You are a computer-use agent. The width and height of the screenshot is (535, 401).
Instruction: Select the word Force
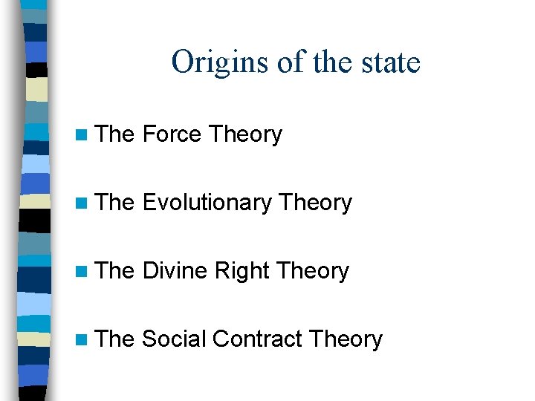(172, 134)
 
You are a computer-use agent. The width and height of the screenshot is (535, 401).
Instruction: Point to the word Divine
(175, 271)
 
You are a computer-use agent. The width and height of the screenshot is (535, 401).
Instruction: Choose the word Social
(173, 339)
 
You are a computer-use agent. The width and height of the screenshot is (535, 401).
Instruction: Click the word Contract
(256, 339)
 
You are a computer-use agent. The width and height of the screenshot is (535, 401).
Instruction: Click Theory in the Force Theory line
(245, 134)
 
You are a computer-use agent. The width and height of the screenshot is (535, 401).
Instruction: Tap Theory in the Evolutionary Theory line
(314, 203)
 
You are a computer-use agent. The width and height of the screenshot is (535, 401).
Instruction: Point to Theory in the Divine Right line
(311, 271)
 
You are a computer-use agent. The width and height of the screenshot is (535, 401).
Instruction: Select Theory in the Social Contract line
(345, 339)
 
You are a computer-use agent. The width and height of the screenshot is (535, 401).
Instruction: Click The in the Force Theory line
(115, 134)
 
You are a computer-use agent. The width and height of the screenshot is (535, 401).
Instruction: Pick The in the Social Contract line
(115, 339)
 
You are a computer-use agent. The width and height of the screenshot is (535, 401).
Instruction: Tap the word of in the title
(291, 62)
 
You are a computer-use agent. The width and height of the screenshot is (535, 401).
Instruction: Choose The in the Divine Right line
(115, 271)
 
